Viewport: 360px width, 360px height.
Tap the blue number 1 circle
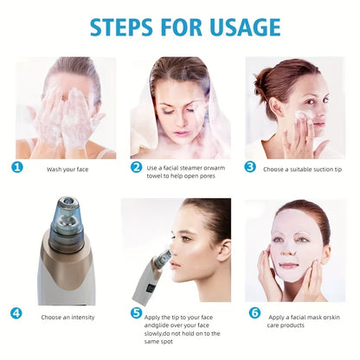click(x=17, y=167)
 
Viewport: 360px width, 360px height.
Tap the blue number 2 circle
click(x=136, y=167)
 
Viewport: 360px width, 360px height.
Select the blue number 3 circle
click(x=251, y=167)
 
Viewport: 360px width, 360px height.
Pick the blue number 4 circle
click(x=17, y=313)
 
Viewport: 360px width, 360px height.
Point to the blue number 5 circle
click(x=136, y=313)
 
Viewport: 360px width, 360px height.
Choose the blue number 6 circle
click(x=254, y=313)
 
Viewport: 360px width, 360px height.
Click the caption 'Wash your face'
click(x=67, y=169)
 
